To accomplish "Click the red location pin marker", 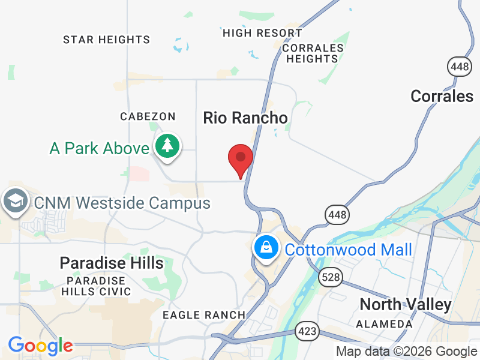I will tap(241, 159).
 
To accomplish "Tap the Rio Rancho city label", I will tap(245, 118).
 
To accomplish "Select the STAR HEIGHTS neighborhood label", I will tap(107, 40).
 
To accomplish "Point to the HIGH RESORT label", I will tap(262, 33).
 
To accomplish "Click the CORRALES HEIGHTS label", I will tap(313, 53).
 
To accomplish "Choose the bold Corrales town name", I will tap(442, 96).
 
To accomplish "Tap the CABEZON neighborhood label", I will tap(148, 116).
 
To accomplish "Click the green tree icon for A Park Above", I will tap(167, 146).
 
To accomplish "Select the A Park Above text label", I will tap(99, 148).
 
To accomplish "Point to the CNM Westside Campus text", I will tap(122, 203).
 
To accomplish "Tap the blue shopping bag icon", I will tap(265, 247).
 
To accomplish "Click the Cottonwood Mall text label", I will tap(349, 250).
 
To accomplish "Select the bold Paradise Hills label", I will tap(112, 263).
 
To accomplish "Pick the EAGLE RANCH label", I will tap(205, 314).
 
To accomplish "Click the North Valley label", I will tap(406, 304).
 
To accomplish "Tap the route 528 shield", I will tap(328, 277).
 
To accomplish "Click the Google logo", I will tap(40, 346).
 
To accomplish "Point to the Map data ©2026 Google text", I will tap(406, 352).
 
